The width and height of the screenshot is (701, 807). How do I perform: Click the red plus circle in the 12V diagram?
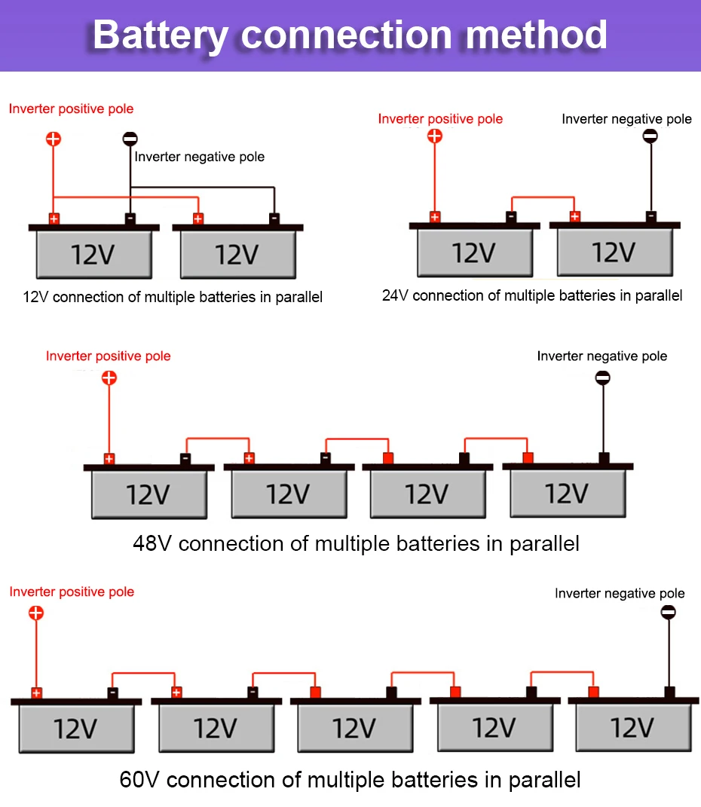click(53, 139)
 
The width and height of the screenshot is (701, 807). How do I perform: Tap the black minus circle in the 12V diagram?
click(130, 139)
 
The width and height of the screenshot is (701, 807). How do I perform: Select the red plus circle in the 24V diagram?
click(434, 136)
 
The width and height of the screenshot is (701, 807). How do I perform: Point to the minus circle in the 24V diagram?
click(650, 136)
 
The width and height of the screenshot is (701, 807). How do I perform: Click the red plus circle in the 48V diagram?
click(109, 378)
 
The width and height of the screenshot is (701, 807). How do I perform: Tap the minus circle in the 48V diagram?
click(602, 378)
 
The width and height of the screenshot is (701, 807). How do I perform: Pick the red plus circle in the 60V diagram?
click(36, 613)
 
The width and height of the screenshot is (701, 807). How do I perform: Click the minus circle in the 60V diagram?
click(668, 613)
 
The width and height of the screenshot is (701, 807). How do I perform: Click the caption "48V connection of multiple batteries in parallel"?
click(356, 543)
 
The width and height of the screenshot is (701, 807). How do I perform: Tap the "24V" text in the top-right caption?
click(395, 295)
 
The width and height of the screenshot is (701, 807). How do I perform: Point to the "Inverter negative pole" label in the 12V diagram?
click(200, 157)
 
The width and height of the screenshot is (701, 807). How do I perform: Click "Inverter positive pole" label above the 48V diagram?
click(109, 356)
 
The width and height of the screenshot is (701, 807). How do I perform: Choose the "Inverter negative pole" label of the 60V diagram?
click(620, 594)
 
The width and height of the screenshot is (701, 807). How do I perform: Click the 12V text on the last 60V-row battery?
click(632, 729)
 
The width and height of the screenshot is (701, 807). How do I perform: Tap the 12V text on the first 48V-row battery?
click(148, 495)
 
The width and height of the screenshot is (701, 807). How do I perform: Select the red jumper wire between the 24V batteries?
click(543, 198)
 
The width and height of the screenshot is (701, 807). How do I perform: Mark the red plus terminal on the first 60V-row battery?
click(36, 693)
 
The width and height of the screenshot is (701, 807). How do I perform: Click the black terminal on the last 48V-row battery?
click(603, 457)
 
